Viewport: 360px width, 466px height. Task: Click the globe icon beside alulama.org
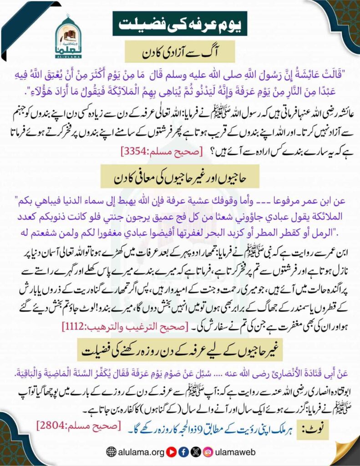coord(111,451)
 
